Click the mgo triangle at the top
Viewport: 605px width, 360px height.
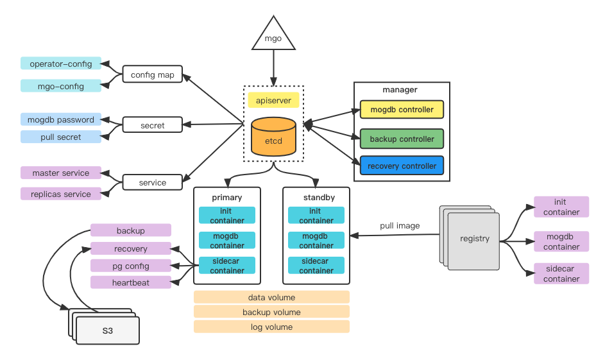(x=273, y=37)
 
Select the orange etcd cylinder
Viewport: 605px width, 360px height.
(x=273, y=137)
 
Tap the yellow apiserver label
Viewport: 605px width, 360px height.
(x=273, y=100)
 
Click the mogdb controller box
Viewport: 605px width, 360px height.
(x=402, y=110)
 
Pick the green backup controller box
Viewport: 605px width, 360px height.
(x=402, y=139)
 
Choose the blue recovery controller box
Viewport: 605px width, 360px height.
(x=402, y=166)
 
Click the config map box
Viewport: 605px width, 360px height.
(x=152, y=74)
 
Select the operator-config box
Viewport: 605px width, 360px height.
(x=60, y=64)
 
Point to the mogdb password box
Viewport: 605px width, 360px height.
(x=60, y=119)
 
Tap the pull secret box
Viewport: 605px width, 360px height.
(x=60, y=137)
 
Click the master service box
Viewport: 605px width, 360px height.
(x=60, y=173)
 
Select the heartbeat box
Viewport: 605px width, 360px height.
(x=131, y=282)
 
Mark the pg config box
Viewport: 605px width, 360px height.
(x=131, y=266)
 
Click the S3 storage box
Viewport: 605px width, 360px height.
(x=107, y=331)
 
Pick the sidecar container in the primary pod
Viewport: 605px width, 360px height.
(x=227, y=266)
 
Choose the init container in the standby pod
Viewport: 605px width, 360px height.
(x=316, y=216)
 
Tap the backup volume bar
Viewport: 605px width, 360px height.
(x=271, y=312)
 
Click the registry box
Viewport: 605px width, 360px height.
(x=474, y=239)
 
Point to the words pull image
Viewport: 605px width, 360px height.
(x=400, y=226)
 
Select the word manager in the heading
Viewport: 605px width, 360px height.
(x=400, y=90)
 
